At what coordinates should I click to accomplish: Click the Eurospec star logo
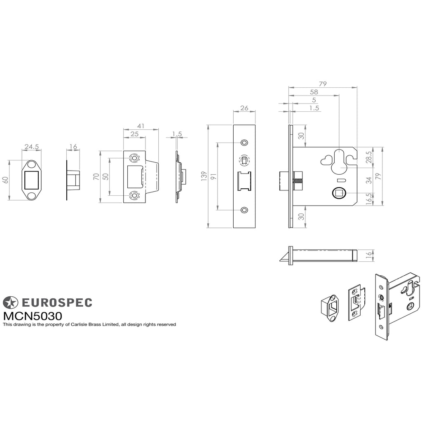(10, 302)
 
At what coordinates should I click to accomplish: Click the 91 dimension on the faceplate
(213, 176)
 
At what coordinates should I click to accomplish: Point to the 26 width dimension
(244, 108)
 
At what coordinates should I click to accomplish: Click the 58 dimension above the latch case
(314, 92)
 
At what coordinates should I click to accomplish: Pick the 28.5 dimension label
(368, 157)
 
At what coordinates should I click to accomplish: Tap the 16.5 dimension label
(369, 199)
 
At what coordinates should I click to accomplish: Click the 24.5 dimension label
(32, 147)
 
